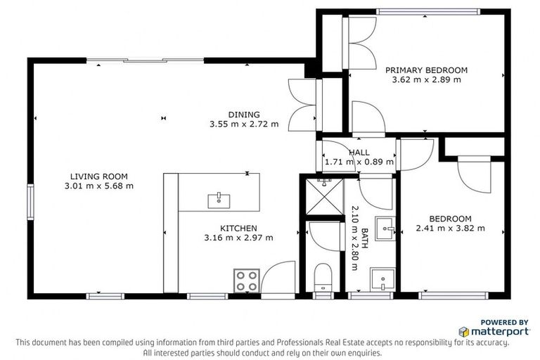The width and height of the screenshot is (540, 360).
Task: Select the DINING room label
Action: (243, 115)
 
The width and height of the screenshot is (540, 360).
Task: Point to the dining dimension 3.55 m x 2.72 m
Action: (243, 124)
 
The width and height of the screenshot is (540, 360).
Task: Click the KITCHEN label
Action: (238, 229)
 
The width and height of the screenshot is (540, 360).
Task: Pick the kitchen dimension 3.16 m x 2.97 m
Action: (238, 238)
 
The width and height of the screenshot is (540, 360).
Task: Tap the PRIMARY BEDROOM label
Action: (426, 70)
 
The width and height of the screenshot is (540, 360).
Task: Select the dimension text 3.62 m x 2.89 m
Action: (426, 80)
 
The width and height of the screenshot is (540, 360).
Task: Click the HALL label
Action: (359, 153)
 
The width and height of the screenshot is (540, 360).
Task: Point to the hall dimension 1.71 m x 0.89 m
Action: (359, 162)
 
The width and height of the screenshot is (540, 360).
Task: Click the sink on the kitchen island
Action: (219, 200)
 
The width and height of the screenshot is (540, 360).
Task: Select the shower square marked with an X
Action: (325, 197)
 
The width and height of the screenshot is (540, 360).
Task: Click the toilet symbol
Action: (323, 276)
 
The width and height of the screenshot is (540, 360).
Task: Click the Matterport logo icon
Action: (464, 330)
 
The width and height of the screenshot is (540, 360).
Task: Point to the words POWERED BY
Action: (504, 321)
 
